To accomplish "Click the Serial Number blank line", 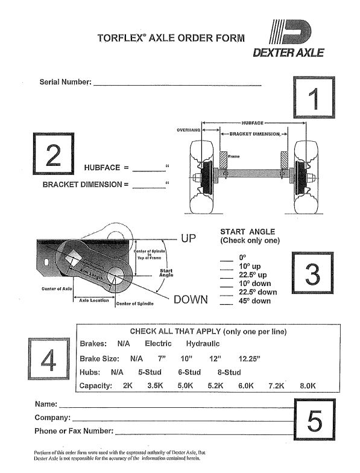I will coord(177,83).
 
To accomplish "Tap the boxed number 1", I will coord(313,98).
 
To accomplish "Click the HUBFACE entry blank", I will coord(148,168).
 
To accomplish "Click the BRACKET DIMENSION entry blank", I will coord(148,185).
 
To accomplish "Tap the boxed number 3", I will coord(313,275).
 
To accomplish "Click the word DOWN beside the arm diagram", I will coord(191,299).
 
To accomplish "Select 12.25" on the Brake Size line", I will coord(249,358).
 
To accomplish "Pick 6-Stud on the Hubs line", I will coord(189,372).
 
